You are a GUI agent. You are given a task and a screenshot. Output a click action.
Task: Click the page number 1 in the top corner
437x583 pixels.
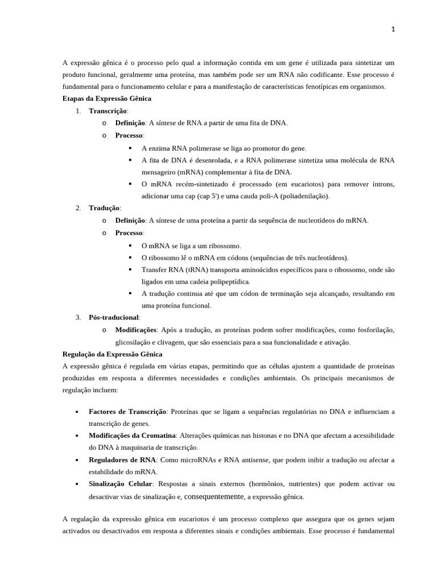point(393,30)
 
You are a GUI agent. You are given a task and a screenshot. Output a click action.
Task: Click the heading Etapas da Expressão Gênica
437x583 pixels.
point(106,98)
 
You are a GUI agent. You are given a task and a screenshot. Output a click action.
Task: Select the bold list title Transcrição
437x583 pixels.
point(108,111)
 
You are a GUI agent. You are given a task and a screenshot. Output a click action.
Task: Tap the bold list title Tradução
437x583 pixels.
point(104,208)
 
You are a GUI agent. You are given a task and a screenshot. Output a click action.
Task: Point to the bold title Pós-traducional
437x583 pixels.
point(114,318)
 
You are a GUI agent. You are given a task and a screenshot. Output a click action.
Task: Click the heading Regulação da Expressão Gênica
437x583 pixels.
point(112,354)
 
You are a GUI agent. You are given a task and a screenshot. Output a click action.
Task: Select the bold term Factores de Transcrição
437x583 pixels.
point(127,412)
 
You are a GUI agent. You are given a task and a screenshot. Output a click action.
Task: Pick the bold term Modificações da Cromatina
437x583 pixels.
point(132,436)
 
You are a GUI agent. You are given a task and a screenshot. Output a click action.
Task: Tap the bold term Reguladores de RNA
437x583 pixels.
point(122,460)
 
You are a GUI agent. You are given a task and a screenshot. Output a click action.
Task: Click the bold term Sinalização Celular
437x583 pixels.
point(120,484)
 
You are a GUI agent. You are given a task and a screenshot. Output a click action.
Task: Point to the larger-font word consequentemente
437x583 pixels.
point(213,496)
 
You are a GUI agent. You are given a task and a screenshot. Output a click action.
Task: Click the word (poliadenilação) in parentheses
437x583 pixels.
point(302,196)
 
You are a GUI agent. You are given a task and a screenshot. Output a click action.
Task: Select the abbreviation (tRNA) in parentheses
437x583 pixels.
point(196,269)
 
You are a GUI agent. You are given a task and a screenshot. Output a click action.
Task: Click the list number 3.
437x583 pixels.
point(78,318)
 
